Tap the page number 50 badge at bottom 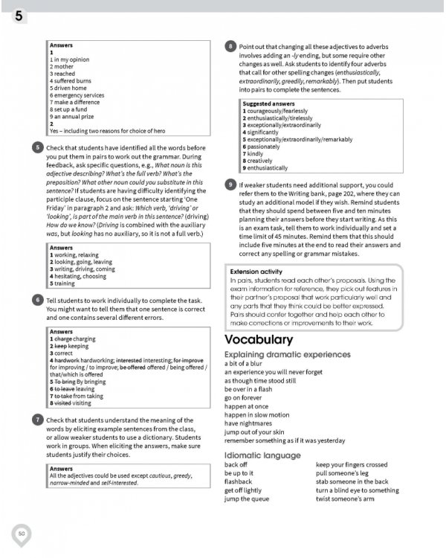22,533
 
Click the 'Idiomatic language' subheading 262,455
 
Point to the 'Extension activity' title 256,272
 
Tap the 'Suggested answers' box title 268,103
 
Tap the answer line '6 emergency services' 77,95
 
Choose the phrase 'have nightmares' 251,423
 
